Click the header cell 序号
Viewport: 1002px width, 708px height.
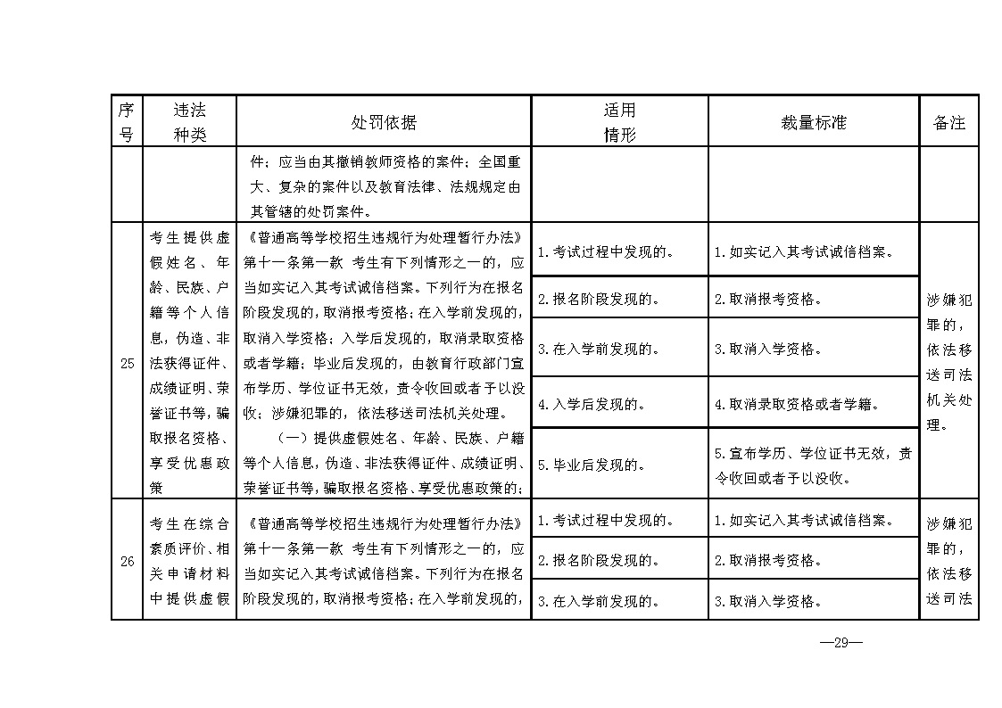click(126, 121)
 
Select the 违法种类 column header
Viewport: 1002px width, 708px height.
click(189, 121)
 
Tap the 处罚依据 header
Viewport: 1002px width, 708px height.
click(383, 122)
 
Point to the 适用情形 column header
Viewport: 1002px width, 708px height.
click(619, 121)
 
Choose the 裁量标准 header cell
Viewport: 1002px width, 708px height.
click(813, 122)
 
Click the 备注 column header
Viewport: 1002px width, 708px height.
click(948, 122)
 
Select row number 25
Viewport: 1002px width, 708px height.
click(126, 363)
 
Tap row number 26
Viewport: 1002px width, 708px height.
click(126, 561)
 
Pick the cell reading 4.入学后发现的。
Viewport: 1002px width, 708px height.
click(619, 404)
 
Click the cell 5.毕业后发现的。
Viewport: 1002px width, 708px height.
click(619, 464)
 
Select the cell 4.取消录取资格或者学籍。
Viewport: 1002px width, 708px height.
click(813, 404)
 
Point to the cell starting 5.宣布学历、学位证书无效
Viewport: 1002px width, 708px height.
click(813, 465)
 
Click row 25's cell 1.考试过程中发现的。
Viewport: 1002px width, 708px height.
click(619, 251)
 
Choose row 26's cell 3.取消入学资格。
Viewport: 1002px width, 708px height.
click(813, 600)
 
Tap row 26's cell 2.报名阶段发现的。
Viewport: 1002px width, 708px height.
click(619, 560)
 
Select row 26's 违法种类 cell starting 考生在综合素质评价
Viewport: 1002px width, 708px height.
click(189, 559)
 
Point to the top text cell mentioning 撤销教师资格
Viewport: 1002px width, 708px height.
click(383, 187)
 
